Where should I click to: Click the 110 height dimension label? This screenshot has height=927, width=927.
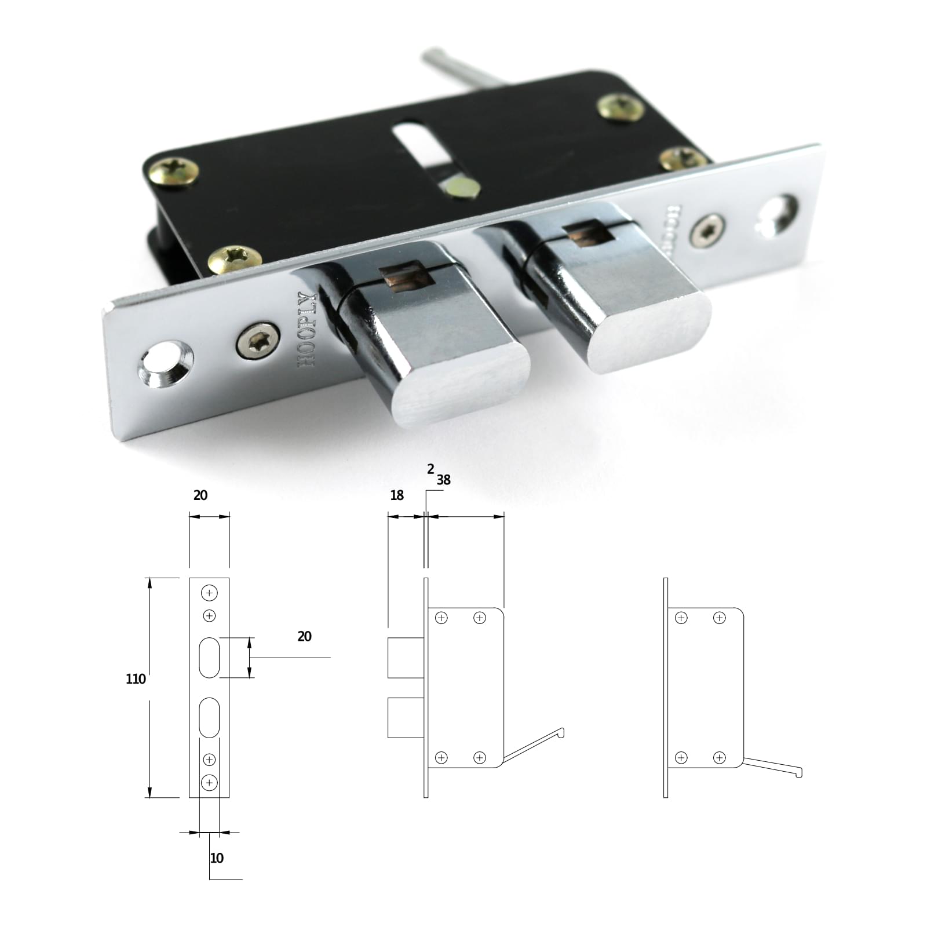pos(136,679)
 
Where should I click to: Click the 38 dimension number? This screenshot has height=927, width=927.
pos(444,480)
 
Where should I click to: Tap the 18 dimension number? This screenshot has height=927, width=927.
pos(397,495)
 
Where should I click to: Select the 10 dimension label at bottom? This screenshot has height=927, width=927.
pos(217,858)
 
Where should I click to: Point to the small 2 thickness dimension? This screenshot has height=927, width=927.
pos(430,469)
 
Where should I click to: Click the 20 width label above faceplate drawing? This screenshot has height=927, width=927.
pos(200,495)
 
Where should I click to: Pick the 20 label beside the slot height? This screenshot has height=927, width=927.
pos(304,636)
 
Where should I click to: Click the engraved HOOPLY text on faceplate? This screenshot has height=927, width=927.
pos(307,330)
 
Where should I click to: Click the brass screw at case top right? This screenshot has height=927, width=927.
pos(621,107)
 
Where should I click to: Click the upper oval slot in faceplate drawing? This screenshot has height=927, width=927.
pos(209,658)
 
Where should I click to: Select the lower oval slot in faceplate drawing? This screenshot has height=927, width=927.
pos(209,717)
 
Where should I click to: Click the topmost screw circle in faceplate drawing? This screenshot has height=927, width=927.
pos(209,593)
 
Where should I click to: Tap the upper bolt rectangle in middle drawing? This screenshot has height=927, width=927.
pos(406,658)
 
